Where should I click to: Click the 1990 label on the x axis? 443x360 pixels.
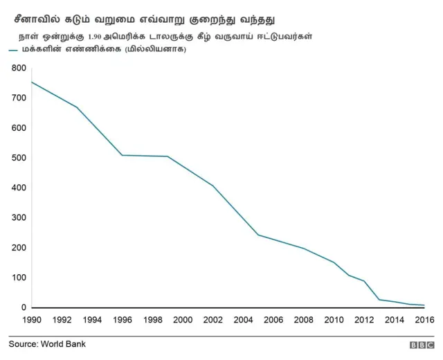32,320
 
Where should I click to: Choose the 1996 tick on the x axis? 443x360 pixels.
122,320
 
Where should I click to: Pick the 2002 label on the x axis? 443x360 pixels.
213,320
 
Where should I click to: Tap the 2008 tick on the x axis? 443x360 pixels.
303,320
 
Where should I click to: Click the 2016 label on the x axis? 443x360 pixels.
424,320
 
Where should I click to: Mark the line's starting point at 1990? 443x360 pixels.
32,82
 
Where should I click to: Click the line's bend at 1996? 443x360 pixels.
122,155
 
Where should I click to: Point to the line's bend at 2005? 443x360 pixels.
258,235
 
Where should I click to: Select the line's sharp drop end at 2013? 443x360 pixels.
379,300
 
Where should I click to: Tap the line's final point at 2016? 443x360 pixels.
424,305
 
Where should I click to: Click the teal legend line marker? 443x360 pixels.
14,49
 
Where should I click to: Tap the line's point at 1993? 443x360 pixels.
77,107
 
